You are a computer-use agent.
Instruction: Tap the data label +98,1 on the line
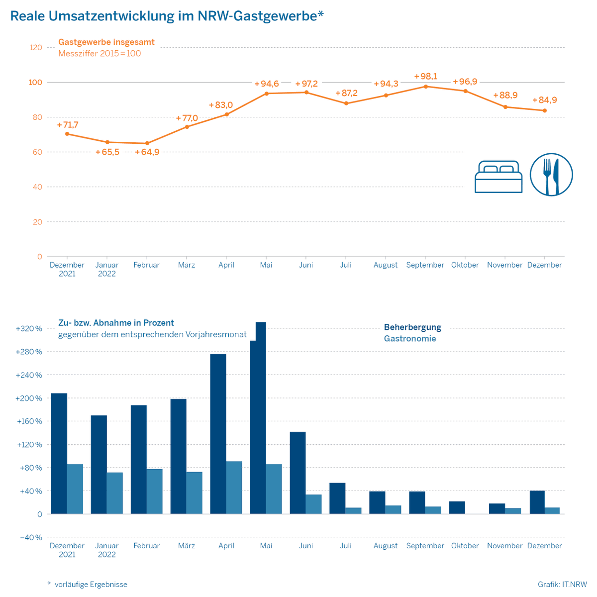tap(425, 76)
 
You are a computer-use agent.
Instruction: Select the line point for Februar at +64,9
tap(147, 143)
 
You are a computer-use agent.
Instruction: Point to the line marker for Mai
tap(266, 94)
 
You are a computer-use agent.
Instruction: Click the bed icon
tap(498, 177)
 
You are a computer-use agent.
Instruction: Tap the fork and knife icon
tap(551, 175)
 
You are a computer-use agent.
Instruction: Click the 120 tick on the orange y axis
tap(36, 48)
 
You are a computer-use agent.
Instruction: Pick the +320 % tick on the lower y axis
tap(29, 329)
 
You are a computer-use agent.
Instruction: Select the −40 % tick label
tap(31, 538)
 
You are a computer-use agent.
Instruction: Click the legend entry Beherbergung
tap(412, 327)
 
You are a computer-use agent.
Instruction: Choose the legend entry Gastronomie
tap(410, 339)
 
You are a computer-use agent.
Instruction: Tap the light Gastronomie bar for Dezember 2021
tap(75, 489)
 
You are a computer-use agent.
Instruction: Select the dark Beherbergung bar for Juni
tap(298, 473)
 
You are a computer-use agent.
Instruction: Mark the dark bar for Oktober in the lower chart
tap(457, 507)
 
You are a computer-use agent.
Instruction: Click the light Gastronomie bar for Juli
tap(354, 511)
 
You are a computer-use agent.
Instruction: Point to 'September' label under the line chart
tap(425, 265)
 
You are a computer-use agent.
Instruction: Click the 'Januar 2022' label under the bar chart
tap(106, 550)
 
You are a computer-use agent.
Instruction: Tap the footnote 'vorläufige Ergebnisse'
tap(91, 585)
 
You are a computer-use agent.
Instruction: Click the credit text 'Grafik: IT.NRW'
tap(562, 585)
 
